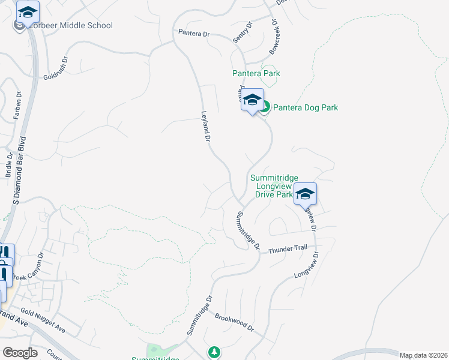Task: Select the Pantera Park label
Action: pos(256,73)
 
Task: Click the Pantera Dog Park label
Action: pos(306,108)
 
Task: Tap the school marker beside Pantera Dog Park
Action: pos(252,100)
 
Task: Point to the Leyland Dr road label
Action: pos(205,125)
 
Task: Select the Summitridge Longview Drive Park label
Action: pos(273,186)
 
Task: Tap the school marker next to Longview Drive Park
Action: pos(305,193)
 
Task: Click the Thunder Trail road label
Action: pos(288,250)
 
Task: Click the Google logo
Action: pos(20,353)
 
